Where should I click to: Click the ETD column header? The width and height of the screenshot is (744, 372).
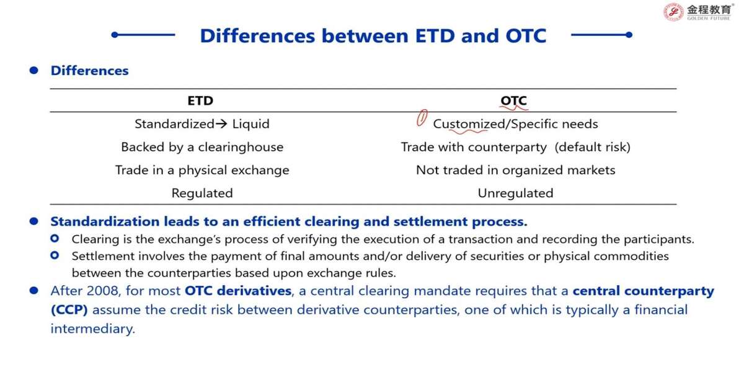pyautogui.click(x=200, y=100)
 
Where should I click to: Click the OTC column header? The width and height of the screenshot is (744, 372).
pyautogui.click(x=513, y=100)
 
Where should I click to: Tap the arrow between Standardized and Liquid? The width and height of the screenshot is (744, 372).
pyautogui.click(x=221, y=124)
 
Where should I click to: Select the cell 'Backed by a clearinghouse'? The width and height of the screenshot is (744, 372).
pyautogui.click(x=202, y=147)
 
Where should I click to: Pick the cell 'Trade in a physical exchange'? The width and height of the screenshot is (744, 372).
pyautogui.click(x=202, y=170)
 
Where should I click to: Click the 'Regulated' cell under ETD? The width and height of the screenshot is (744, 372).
pyautogui.click(x=202, y=193)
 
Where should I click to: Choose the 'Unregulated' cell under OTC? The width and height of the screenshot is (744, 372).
pyautogui.click(x=515, y=193)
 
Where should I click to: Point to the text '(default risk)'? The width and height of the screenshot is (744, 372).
pyautogui.click(x=592, y=147)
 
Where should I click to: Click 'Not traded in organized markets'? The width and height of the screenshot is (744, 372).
pyautogui.click(x=515, y=170)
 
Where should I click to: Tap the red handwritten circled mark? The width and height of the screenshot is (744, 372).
pyautogui.click(x=422, y=118)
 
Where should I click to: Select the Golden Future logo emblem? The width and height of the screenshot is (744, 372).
pyautogui.click(x=673, y=12)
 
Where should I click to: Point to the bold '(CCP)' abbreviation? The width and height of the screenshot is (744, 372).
pyautogui.click(x=69, y=310)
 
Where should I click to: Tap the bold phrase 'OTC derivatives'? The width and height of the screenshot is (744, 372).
pyautogui.click(x=238, y=291)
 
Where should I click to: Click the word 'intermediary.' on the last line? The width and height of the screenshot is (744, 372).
pyautogui.click(x=92, y=329)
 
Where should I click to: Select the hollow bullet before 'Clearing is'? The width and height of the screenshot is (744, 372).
pyautogui.click(x=55, y=239)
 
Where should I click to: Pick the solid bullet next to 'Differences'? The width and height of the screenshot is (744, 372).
pyautogui.click(x=34, y=71)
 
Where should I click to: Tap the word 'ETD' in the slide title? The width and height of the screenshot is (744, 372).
pyautogui.click(x=435, y=36)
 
